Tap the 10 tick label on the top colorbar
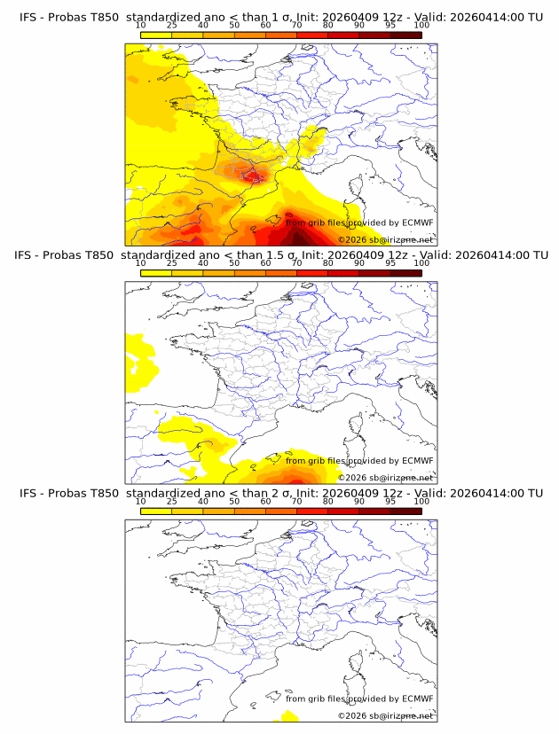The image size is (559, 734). coord(140,25)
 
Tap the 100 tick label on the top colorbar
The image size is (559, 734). coord(421,25)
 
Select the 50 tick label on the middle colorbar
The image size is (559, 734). coord(234,263)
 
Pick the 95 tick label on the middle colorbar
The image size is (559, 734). coord(390,263)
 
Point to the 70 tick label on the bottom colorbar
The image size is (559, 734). coord(296,501)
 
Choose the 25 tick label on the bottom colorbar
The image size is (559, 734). coord(171,501)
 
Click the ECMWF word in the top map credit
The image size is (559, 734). coord(417,223)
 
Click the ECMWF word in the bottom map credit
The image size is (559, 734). coord(417,699)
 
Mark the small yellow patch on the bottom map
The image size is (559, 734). coord(288,714)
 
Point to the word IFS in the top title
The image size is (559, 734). coord(28,17)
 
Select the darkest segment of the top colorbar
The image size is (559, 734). coord(405,35)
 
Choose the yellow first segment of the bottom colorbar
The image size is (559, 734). coord(155,511)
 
